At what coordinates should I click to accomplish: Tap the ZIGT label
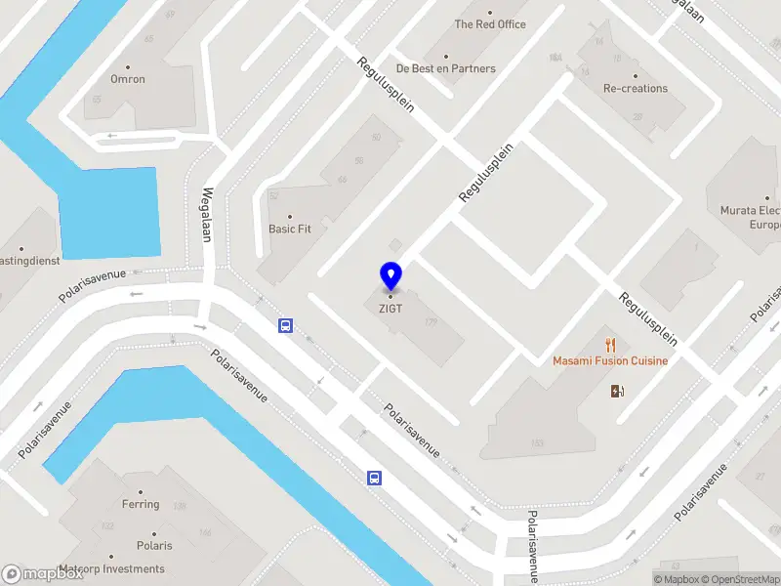click(390, 309)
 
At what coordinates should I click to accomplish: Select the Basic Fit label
click(290, 230)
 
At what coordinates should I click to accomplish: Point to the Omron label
click(128, 80)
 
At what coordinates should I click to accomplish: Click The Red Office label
click(490, 24)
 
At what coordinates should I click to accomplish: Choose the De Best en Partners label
click(445, 68)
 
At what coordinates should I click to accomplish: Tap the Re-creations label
click(636, 88)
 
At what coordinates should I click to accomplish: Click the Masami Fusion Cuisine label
click(610, 361)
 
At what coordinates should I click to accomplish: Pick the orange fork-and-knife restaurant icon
click(611, 344)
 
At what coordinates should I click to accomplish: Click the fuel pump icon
click(617, 392)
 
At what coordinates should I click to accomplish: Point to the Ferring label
click(141, 504)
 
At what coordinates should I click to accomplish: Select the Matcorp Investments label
click(111, 568)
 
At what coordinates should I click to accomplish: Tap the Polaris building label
click(154, 545)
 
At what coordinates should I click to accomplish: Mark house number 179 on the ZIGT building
click(431, 322)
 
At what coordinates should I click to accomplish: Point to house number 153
click(537, 443)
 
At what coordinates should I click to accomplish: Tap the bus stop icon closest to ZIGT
click(285, 325)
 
